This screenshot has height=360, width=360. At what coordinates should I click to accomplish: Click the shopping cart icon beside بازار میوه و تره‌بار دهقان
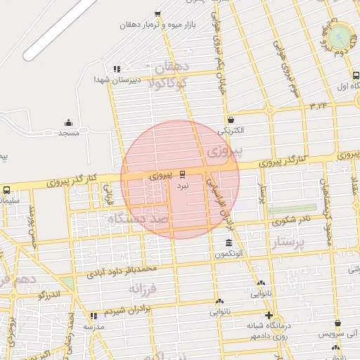[157, 13]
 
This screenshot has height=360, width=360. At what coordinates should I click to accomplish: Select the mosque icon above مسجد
[68, 122]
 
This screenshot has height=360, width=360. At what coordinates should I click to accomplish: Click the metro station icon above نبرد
[183, 174]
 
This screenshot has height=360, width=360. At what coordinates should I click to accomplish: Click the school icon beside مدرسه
[94, 316]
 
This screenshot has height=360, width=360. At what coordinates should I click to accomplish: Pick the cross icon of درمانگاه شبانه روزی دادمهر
[268, 314]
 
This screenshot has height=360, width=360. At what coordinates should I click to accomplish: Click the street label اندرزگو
[50, 295]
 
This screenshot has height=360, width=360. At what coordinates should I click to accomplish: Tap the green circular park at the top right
[341, 35]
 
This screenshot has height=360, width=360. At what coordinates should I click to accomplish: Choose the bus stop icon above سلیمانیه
[6, 190]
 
